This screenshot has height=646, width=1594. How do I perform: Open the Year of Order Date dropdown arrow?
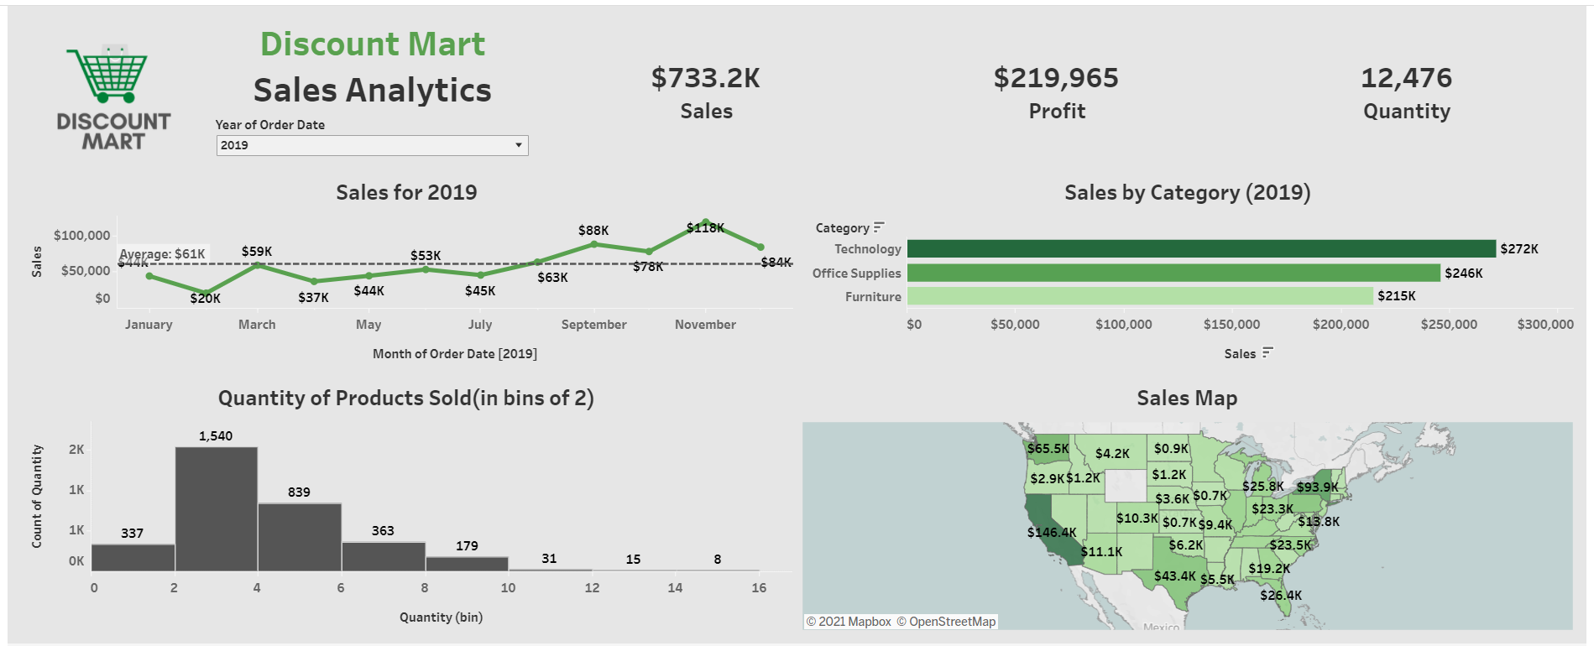click(519, 145)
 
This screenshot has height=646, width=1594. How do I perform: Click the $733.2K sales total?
click(705, 78)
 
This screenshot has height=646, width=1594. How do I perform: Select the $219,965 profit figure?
click(1056, 78)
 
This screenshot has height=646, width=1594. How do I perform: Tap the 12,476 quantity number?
click(1406, 78)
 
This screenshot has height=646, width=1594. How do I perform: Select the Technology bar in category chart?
click(1200, 249)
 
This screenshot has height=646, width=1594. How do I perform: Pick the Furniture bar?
click(1139, 296)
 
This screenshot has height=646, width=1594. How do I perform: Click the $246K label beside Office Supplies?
click(1463, 274)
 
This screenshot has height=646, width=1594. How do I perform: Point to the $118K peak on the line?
click(705, 227)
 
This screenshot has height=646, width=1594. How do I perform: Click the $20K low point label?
click(205, 298)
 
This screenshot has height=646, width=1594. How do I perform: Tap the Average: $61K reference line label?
click(163, 254)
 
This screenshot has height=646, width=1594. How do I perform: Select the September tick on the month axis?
click(593, 325)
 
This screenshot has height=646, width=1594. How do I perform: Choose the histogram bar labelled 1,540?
click(217, 508)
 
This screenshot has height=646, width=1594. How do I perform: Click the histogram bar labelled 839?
click(299, 537)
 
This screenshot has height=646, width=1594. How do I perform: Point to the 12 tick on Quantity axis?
click(592, 588)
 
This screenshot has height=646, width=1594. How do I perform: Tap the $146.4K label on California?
click(1051, 533)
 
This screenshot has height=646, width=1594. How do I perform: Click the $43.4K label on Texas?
click(1174, 576)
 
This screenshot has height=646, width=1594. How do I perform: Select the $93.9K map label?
click(1317, 487)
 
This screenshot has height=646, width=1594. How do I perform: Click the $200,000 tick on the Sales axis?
click(1341, 325)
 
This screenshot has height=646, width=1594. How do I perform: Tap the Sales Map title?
click(1186, 399)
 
